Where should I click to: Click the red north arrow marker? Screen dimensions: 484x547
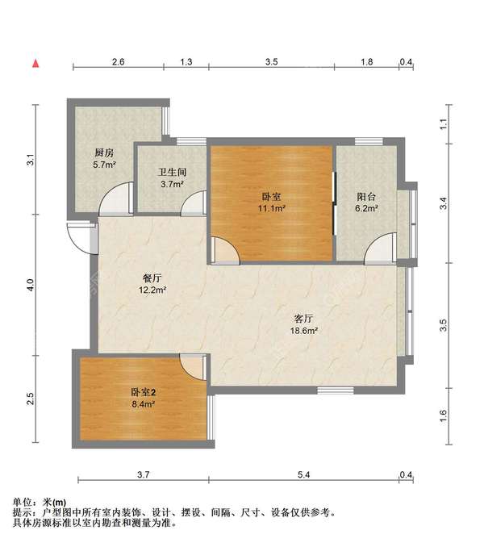click(35, 64)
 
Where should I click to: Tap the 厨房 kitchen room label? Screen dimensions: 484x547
click(104, 152)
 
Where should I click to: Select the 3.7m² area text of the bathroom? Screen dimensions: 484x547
click(173, 184)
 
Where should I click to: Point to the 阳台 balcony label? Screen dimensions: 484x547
click(366, 197)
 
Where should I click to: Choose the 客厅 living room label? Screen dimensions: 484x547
click(304, 319)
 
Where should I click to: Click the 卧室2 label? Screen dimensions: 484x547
click(144, 392)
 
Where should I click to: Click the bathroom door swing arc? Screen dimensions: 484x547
click(186, 198)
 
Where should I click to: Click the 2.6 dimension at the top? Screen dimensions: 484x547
click(119, 62)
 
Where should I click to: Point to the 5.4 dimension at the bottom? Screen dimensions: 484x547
click(304, 474)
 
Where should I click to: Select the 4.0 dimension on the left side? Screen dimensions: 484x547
click(31, 285)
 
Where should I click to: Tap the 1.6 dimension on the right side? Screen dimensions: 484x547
click(443, 415)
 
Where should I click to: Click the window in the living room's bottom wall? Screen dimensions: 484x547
click(336, 390)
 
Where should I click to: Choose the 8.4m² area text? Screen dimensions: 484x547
click(144, 404)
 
